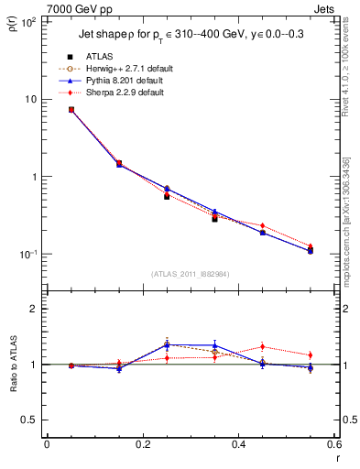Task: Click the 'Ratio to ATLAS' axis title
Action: click(x=15, y=364)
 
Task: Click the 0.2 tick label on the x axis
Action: click(x=142, y=444)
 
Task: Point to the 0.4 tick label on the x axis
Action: click(x=237, y=444)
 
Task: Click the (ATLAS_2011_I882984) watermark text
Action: click(x=190, y=273)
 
